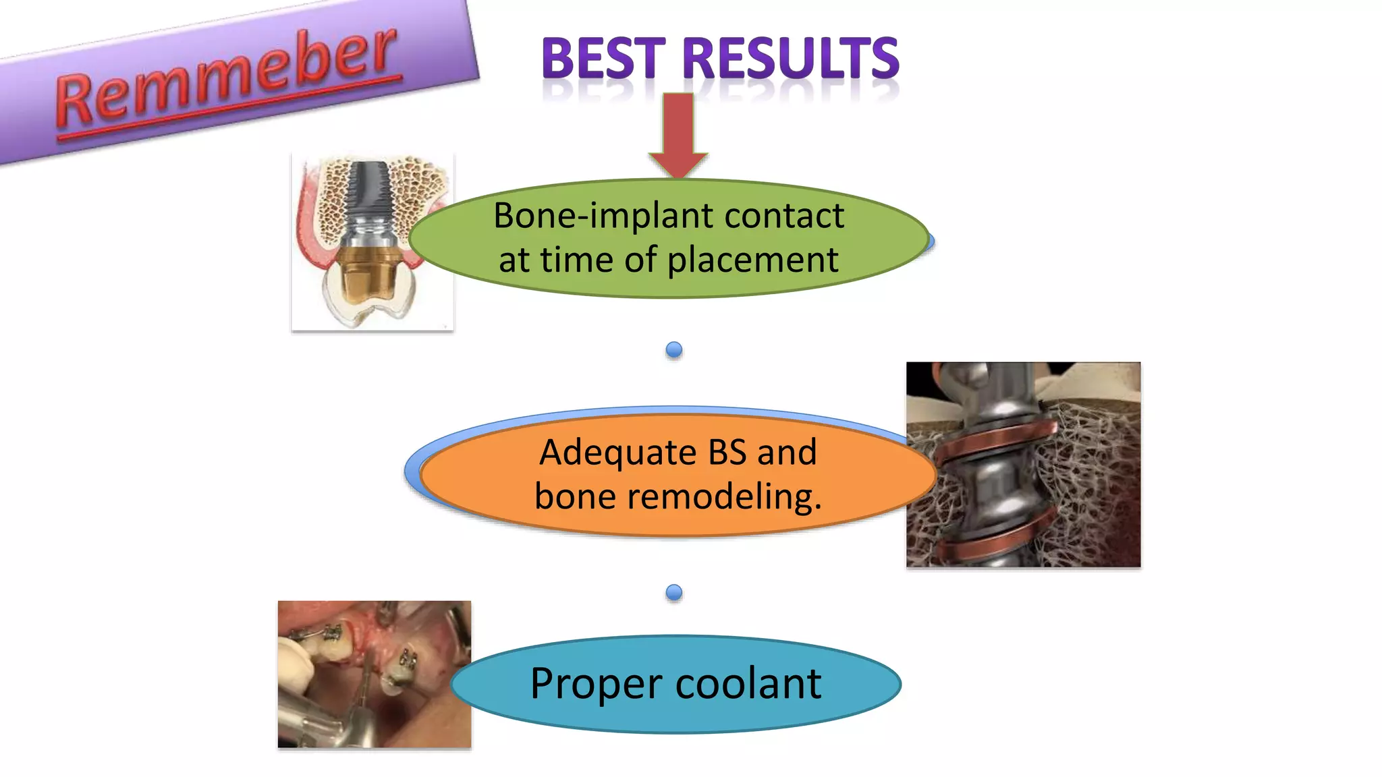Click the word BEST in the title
pos(603,59)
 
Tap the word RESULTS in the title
pos(790,59)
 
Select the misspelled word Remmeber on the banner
pos(226,78)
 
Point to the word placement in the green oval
pos(752,260)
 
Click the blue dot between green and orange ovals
pos(673,349)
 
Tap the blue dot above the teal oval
pos(673,592)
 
